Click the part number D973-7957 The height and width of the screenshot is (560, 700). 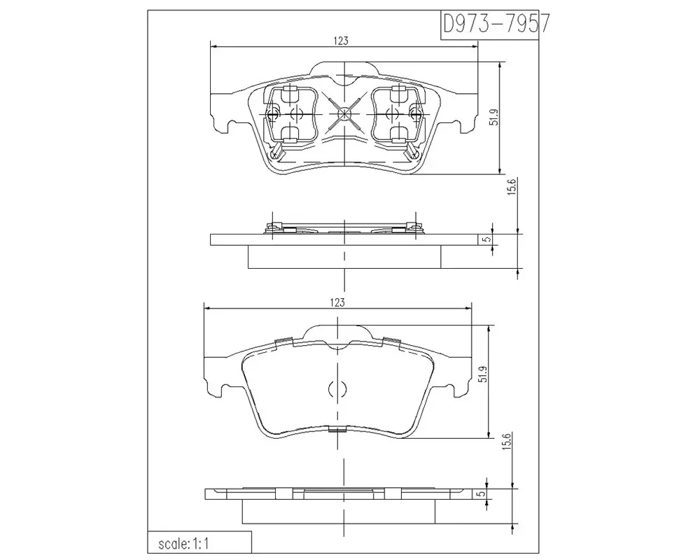point(496,24)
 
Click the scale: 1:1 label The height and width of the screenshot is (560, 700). point(183,544)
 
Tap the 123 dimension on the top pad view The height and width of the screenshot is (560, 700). point(341,41)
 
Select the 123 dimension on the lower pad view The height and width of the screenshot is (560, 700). point(337,302)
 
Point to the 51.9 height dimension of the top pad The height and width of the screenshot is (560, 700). point(493,117)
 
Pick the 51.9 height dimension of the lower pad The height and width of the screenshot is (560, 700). point(482,374)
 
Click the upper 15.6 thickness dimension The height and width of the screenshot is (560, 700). point(512,187)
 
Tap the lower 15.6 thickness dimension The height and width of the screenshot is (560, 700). point(507,442)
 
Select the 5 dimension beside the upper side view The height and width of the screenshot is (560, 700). point(487,239)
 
